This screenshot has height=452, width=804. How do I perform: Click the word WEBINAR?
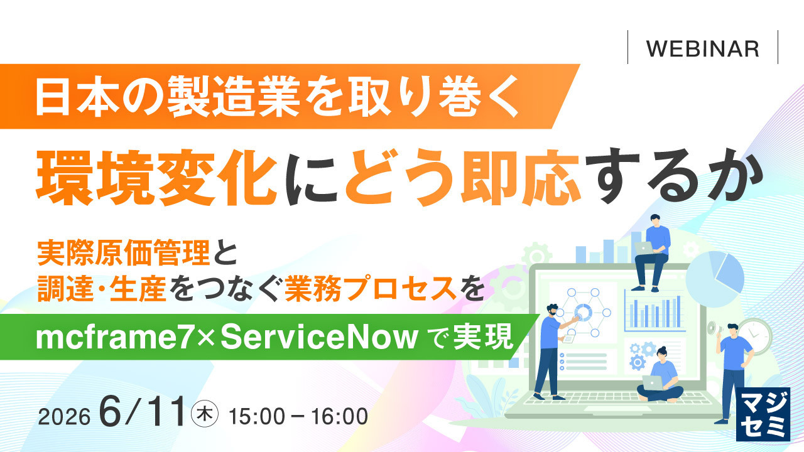click(x=703, y=49)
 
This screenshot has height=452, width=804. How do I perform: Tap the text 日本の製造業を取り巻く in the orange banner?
click(x=277, y=96)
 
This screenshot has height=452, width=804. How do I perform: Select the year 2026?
click(x=64, y=417)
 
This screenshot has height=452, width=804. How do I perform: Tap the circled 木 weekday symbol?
click(x=205, y=415)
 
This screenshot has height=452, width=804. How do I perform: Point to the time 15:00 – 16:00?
click(x=298, y=417)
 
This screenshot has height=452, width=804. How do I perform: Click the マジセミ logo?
click(x=763, y=414)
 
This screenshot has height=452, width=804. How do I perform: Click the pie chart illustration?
click(x=715, y=277)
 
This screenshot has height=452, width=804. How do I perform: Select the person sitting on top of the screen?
click(x=652, y=252)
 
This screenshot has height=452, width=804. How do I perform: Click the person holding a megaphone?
click(x=732, y=373)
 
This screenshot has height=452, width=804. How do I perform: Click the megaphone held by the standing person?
click(x=712, y=327)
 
